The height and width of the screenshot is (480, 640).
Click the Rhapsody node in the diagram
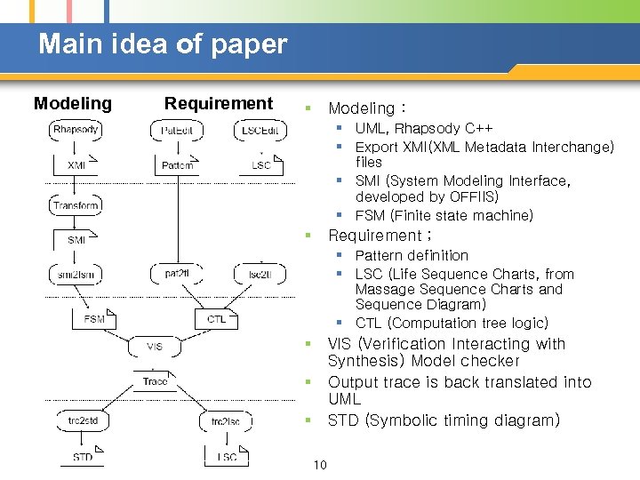tap(76, 130)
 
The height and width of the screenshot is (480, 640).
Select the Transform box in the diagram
tap(76, 205)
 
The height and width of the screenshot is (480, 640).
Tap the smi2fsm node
tap(76, 275)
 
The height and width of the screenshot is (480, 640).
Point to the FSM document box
tap(94, 318)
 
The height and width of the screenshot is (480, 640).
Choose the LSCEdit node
tap(260, 130)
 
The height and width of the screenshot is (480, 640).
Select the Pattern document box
tap(178, 165)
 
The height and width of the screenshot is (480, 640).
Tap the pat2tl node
tap(177, 275)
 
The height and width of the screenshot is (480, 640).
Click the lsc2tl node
tap(260, 275)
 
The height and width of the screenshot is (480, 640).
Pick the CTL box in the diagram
tap(216, 318)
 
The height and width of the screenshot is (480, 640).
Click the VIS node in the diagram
tap(155, 346)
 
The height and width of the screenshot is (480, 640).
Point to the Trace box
tap(155, 381)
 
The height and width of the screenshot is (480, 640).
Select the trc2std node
tap(76, 420)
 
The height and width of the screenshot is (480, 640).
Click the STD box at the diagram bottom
tap(83, 457)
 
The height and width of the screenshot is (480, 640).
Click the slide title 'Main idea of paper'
tap(163, 44)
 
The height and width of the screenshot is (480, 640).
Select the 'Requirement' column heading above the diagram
tap(219, 103)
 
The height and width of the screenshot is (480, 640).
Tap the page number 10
tap(320, 465)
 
